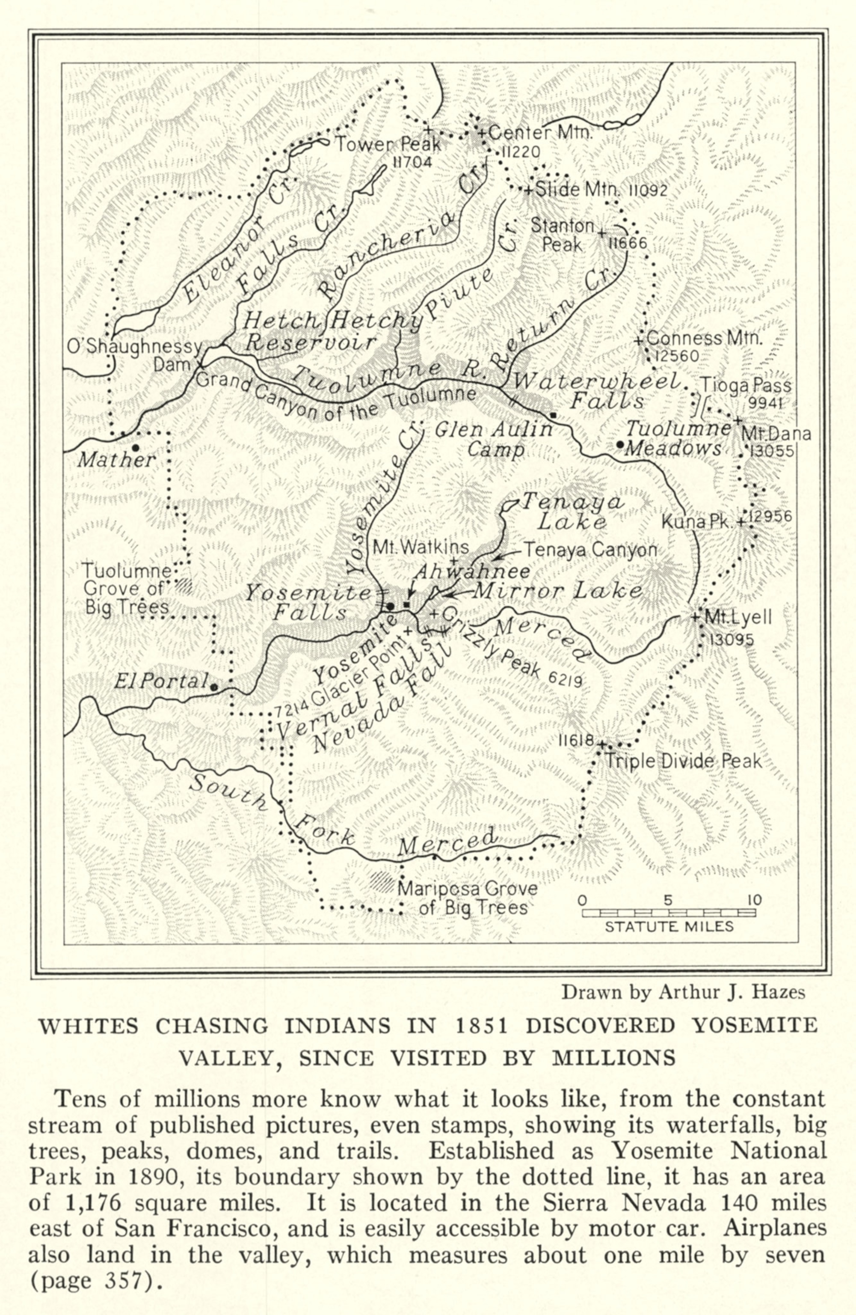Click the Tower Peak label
tap(389, 145)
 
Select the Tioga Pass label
tap(746, 385)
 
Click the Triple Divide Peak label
tap(684, 762)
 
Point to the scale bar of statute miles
tap(669, 913)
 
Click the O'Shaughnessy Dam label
tap(135, 355)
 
